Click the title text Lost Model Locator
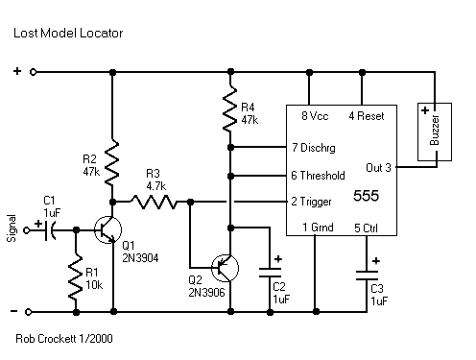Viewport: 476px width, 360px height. pyautogui.click(x=68, y=33)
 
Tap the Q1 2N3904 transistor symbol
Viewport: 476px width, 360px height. pyautogui.click(x=107, y=229)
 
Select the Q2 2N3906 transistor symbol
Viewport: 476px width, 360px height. pyautogui.click(x=226, y=268)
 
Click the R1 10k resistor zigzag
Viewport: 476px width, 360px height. pyautogui.click(x=76, y=276)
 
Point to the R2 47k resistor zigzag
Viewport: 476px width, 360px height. pyautogui.click(x=112, y=162)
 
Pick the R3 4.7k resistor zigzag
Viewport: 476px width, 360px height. pyautogui.click(x=153, y=202)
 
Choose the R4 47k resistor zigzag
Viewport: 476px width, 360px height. pyautogui.click(x=230, y=108)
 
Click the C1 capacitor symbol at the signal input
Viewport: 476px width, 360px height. pyautogui.click(x=49, y=230)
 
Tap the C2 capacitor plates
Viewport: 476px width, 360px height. pyautogui.click(x=270, y=273)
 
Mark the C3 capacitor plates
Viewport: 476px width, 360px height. pyautogui.click(x=367, y=276)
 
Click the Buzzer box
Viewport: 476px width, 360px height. pyautogui.click(x=435, y=132)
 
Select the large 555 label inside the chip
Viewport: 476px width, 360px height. pyautogui.click(x=366, y=196)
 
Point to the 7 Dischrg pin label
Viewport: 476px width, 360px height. pyautogui.click(x=314, y=148)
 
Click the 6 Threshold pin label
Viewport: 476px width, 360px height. pyautogui.click(x=318, y=176)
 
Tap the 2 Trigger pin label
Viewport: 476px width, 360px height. pyautogui.click(x=311, y=202)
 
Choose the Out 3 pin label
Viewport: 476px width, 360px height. pyautogui.click(x=378, y=168)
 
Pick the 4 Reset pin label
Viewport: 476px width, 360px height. pyautogui.click(x=367, y=116)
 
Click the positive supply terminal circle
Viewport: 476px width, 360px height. pyautogui.click(x=33, y=72)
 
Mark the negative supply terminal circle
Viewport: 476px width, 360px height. pyautogui.click(x=28, y=312)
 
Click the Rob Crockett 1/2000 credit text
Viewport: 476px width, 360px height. pyautogui.click(x=64, y=339)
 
